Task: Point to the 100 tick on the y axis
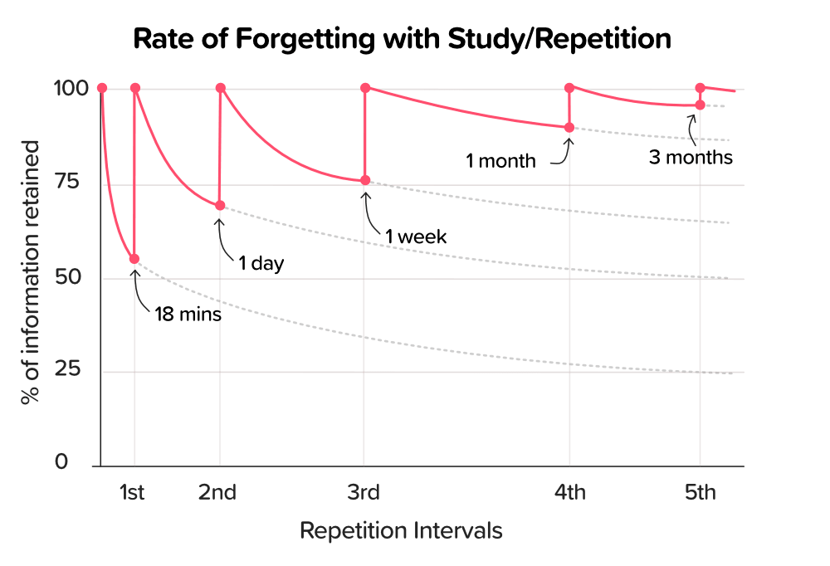click(x=67, y=89)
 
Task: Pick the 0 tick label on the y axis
click(x=61, y=462)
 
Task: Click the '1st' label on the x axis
click(x=132, y=493)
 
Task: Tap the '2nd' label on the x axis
click(x=217, y=493)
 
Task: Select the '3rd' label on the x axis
click(x=364, y=493)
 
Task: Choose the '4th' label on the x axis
click(x=569, y=493)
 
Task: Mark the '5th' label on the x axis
click(x=700, y=493)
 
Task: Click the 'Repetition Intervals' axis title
click(x=401, y=530)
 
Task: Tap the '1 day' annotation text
click(x=261, y=265)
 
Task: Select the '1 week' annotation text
click(x=416, y=237)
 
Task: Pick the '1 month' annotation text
click(x=500, y=161)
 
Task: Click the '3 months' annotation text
click(x=691, y=157)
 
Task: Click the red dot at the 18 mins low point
click(x=134, y=259)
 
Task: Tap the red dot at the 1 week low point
click(x=364, y=181)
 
